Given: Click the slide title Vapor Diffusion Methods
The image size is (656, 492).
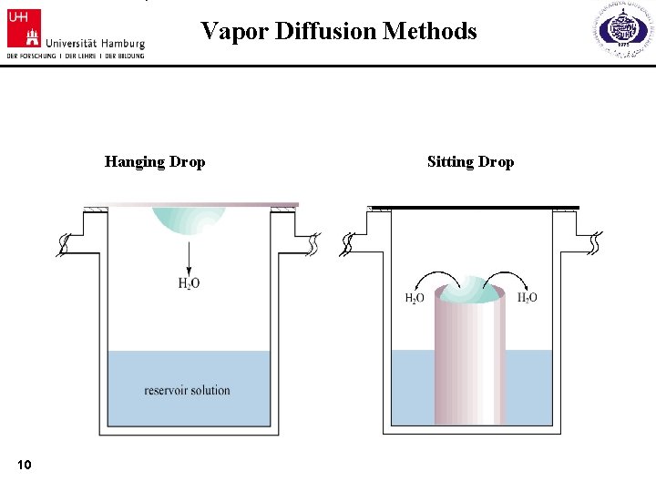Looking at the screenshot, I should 338,32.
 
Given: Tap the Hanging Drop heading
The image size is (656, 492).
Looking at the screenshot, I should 155,162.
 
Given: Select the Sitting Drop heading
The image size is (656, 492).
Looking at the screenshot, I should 470,162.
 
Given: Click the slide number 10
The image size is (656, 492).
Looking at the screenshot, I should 25,466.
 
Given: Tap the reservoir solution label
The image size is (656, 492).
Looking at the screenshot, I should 187,391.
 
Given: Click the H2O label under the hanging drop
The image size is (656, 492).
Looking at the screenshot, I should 189,283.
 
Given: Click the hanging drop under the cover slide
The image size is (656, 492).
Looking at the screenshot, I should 189,221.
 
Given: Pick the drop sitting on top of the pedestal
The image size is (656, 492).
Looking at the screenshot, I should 470,289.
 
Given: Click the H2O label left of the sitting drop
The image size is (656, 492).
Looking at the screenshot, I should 415,298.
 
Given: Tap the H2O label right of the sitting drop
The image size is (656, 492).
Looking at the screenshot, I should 527,298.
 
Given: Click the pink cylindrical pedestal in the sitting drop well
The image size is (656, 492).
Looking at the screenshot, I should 470,364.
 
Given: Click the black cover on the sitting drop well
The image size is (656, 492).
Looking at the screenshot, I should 474,208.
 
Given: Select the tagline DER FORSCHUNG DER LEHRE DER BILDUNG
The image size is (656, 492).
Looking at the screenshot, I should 75,56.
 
